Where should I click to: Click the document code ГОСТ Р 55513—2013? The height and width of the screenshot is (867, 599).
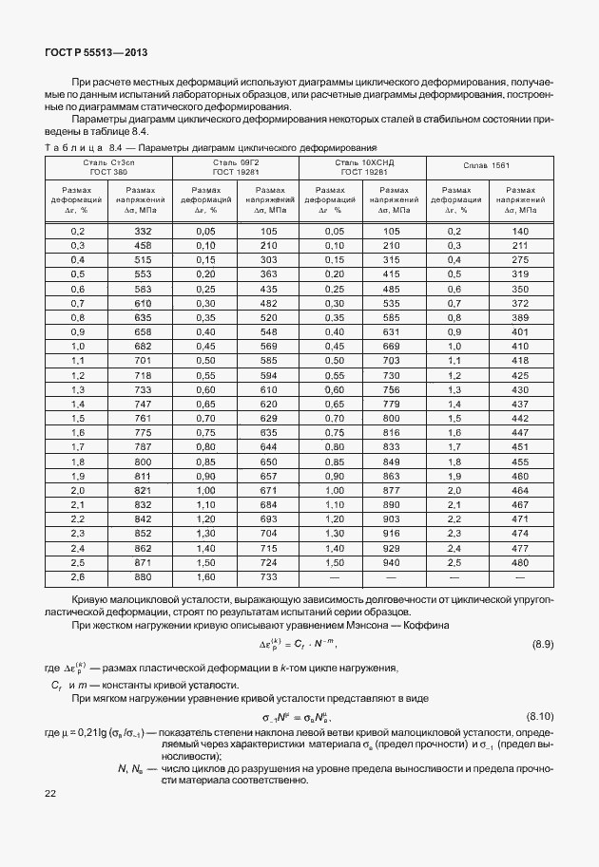95,53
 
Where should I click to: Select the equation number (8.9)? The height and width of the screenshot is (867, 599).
543,645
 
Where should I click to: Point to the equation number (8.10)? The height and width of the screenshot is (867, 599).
540,714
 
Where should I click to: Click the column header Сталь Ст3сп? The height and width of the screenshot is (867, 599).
108,167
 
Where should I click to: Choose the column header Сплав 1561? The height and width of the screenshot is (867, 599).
487,167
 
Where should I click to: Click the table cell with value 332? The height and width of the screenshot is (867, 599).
143,232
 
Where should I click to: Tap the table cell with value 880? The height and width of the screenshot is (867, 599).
143,576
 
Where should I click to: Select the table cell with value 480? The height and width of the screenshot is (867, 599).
519,562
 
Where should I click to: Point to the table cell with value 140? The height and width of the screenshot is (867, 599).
519,232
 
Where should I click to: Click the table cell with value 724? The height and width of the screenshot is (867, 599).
268,562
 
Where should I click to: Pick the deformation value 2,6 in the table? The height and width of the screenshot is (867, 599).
78,576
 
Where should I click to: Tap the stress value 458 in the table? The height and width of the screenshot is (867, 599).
143,245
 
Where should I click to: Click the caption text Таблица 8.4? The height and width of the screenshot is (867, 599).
84,149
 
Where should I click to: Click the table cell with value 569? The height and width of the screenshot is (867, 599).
268,347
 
